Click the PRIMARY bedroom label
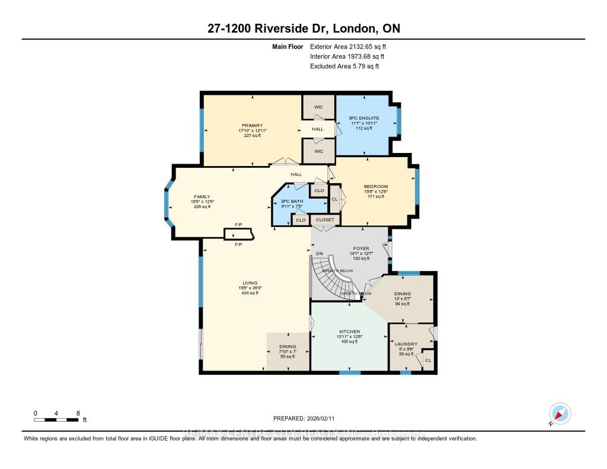click(x=251, y=125)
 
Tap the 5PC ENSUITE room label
click(x=363, y=118)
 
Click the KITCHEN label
click(x=349, y=331)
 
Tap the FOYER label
click(x=360, y=248)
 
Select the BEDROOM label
click(x=376, y=186)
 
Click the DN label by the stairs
click(x=319, y=254)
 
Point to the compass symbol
click(x=560, y=413)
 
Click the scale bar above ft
click(x=56, y=420)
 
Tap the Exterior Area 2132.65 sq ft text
click(x=349, y=46)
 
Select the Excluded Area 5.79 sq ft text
click(x=344, y=66)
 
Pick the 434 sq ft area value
click(x=248, y=293)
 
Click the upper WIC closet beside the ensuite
click(x=318, y=107)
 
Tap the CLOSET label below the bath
click(x=324, y=220)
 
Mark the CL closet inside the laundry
click(x=427, y=359)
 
